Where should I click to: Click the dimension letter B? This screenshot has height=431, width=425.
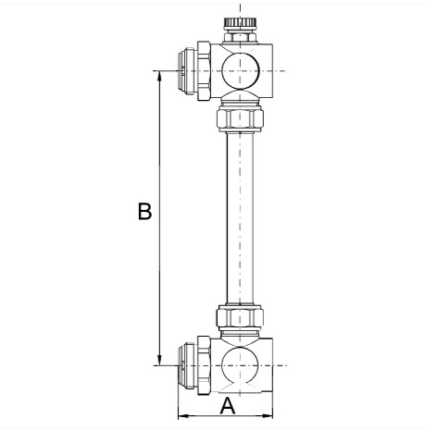coord(144,212)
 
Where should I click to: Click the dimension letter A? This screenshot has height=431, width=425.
coord(228,406)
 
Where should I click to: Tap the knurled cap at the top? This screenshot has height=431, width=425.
coord(240,22)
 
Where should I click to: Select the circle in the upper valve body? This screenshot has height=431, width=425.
coord(240,70)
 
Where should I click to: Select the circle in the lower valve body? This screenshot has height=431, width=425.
coord(240,365)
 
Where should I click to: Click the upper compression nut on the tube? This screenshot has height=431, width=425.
coord(240,117)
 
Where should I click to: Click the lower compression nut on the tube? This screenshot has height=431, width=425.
coord(240,317)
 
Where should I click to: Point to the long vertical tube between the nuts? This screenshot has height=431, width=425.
coord(240,217)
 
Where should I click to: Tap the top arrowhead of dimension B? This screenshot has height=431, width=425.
coord(159,76)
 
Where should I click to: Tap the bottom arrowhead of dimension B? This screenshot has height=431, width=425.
coord(159,361)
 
